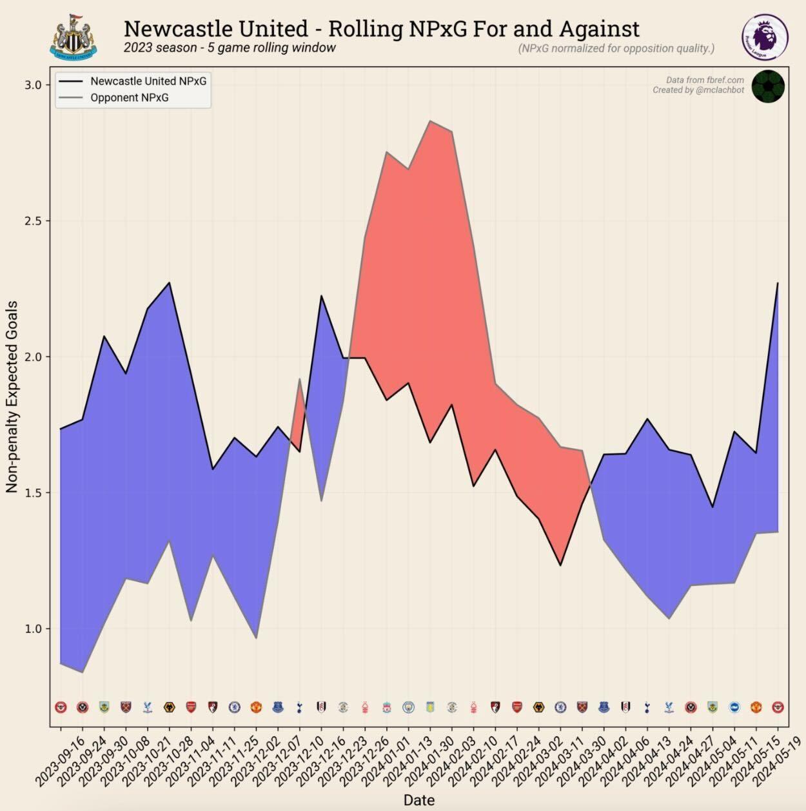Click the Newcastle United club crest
[x=74, y=37]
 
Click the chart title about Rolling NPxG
[x=381, y=28]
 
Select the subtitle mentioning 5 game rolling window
[x=230, y=48]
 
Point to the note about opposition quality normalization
[x=616, y=48]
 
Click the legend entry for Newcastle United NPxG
[x=148, y=81]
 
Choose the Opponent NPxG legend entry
[x=129, y=98]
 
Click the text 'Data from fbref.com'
[x=705, y=80]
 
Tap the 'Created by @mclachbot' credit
[x=698, y=90]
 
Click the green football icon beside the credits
[x=767, y=86]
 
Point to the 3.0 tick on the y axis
[x=33, y=85]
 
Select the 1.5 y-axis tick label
[x=33, y=493]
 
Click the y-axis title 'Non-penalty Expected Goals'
[x=12, y=397]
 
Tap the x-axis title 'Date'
[x=418, y=800]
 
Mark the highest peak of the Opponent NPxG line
[x=430, y=121]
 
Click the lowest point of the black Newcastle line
[x=560, y=565]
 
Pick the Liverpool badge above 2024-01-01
[x=386, y=707]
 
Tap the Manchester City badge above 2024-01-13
[x=408, y=707]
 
